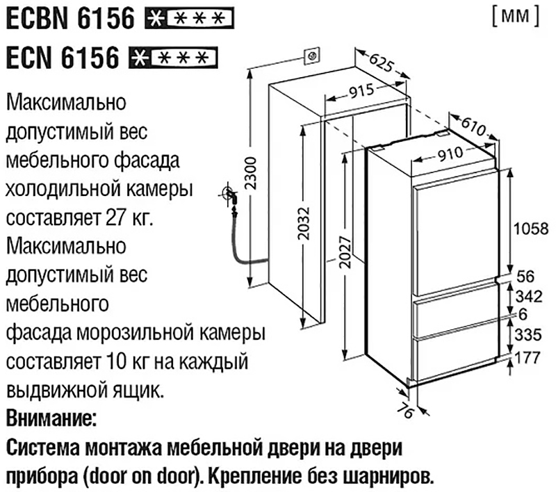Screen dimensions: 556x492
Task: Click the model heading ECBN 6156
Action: click(71, 18)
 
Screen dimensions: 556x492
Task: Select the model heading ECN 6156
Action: click(63, 58)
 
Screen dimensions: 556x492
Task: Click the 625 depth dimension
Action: click(381, 62)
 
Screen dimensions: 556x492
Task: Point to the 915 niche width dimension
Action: click(361, 91)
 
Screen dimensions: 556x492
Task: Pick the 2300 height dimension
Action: click(251, 173)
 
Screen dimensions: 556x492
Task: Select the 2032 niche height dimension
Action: click(304, 223)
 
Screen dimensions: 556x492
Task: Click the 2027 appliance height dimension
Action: click(345, 252)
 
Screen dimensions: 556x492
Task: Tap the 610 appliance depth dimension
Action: click(474, 126)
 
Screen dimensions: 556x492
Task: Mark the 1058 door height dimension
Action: click(531, 229)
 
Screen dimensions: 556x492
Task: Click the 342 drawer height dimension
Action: click(529, 296)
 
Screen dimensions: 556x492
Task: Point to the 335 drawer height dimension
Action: click(528, 335)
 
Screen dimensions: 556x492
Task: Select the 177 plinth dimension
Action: click(528, 358)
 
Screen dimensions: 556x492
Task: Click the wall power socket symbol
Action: click(311, 56)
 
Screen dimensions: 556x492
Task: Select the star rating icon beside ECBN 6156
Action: click(189, 18)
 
